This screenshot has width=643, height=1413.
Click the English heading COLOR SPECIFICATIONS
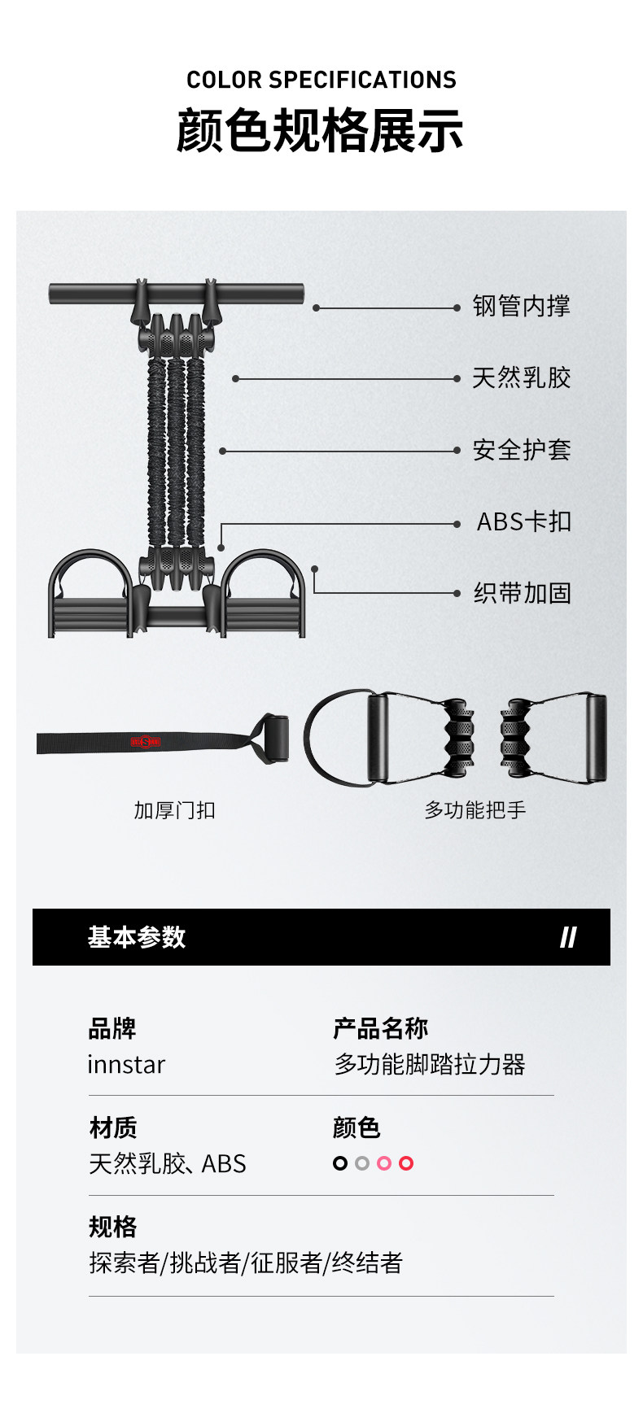click(321, 80)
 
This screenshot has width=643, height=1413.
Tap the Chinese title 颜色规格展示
click(320, 131)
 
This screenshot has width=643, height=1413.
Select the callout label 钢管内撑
click(522, 307)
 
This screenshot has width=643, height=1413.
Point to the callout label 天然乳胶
click(522, 378)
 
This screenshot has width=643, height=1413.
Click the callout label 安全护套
click(522, 450)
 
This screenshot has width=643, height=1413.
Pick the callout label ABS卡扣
click(523, 521)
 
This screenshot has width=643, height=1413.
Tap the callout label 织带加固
click(522, 593)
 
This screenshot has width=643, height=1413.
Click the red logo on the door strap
click(146, 742)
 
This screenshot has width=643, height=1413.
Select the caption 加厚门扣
click(174, 810)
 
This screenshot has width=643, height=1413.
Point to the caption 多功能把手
click(475, 810)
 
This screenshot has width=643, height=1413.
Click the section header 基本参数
click(137, 937)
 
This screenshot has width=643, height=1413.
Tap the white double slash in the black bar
click(568, 938)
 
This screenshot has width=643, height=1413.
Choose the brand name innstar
click(126, 1065)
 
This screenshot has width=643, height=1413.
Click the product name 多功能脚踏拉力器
click(430, 1065)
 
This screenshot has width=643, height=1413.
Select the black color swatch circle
click(340, 1163)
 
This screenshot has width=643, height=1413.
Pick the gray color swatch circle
click(362, 1163)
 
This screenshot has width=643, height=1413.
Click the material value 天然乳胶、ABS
click(167, 1164)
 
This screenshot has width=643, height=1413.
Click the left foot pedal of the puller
click(90, 598)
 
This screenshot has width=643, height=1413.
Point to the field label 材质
click(113, 1127)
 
